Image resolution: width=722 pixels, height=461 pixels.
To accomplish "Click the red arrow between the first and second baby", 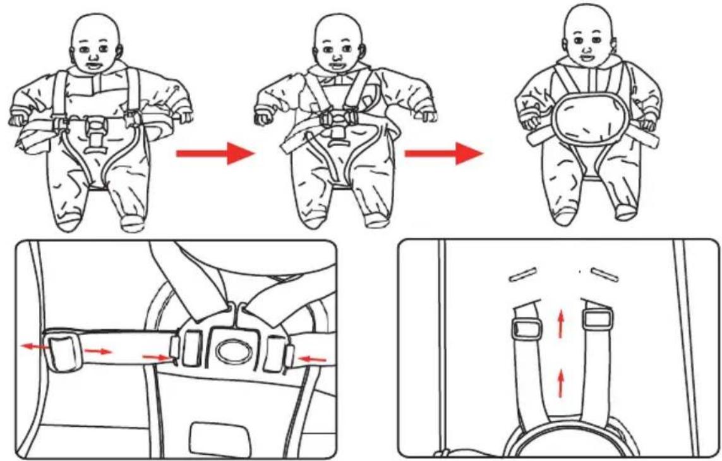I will coord(215,153).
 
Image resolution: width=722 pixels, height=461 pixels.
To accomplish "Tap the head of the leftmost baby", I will coord(97,44).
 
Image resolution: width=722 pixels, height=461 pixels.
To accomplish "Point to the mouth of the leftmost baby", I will coord(94,65).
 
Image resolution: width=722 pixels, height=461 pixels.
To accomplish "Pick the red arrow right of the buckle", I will coord(313,360).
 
